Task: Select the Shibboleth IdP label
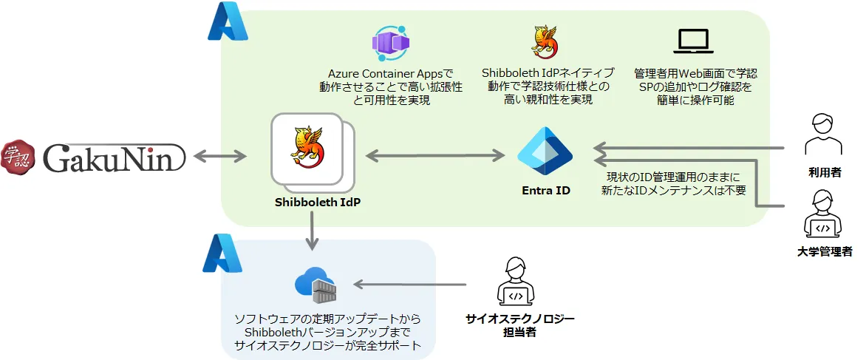(x=312, y=202)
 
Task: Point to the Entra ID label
(x=546, y=191)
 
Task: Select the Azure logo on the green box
(x=228, y=23)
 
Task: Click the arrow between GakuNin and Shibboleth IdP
(x=220, y=156)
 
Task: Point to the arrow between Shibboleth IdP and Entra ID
(x=434, y=155)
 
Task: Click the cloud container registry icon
(x=315, y=285)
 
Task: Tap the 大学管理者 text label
(x=825, y=252)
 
